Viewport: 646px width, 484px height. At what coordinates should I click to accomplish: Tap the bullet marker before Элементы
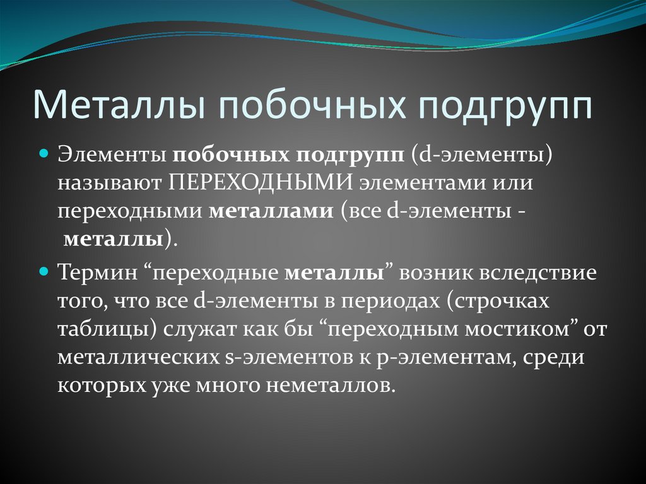(x=44, y=153)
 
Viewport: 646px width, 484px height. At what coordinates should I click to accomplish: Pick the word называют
(x=110, y=182)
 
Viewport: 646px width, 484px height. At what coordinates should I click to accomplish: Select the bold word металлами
(x=271, y=211)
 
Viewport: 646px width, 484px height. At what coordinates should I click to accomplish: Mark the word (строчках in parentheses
(x=498, y=302)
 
